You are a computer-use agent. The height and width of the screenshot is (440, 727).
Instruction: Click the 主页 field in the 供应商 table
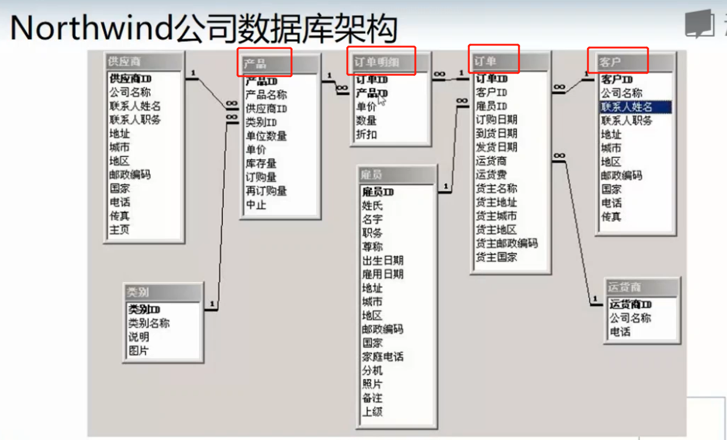(119, 230)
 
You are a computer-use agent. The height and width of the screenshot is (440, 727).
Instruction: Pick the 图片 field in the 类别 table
(138, 351)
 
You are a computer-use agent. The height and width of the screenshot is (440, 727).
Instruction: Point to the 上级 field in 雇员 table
(372, 411)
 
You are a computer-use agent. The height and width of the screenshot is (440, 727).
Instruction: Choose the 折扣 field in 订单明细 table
(366, 134)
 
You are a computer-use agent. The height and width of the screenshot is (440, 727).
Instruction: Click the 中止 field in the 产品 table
(256, 205)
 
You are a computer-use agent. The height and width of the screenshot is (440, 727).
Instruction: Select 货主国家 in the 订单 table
(496, 257)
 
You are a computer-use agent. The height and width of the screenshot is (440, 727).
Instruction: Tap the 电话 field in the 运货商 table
(620, 332)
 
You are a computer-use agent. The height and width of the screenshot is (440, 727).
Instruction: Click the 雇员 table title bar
(397, 175)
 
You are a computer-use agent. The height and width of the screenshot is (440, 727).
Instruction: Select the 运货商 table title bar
(642, 287)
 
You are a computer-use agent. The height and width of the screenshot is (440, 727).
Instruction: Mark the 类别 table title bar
(163, 292)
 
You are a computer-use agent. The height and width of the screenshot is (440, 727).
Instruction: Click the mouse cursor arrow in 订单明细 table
(381, 99)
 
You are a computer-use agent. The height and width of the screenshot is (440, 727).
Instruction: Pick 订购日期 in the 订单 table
(496, 120)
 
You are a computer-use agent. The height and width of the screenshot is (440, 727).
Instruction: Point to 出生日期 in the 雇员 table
(383, 261)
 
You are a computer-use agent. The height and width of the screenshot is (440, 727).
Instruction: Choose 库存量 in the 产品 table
(261, 164)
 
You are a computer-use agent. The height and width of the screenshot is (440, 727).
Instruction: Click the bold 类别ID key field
(144, 309)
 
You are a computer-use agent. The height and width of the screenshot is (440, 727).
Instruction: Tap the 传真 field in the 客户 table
(611, 216)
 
